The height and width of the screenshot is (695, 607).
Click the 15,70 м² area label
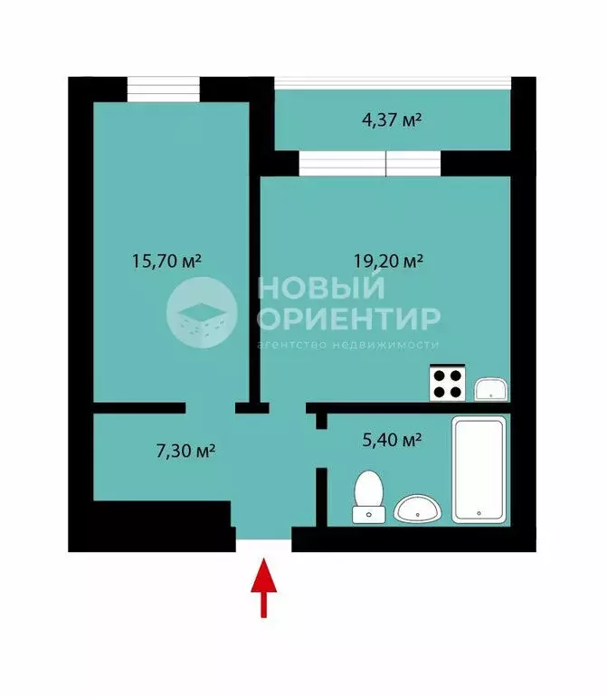pyautogui.click(x=166, y=262)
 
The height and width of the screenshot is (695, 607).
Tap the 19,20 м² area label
pyautogui.click(x=388, y=262)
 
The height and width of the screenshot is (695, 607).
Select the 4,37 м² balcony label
pyautogui.click(x=393, y=119)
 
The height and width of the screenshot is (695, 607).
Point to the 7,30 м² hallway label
pyautogui.click(x=185, y=451)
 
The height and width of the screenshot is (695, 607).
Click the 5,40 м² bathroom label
pyautogui.click(x=393, y=441)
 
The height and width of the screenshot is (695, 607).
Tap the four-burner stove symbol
pyautogui.click(x=447, y=383)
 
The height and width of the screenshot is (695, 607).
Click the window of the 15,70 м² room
pyautogui.click(x=163, y=90)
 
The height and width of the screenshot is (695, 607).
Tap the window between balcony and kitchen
pyautogui.click(x=369, y=164)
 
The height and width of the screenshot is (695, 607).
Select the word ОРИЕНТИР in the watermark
pyautogui.click(x=348, y=319)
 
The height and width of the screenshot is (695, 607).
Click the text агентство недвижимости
pyautogui.click(x=348, y=345)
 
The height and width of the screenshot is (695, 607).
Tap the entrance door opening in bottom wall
pyautogui.click(x=263, y=541)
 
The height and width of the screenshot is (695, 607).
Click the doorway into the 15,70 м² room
pyautogui.click(x=211, y=408)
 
